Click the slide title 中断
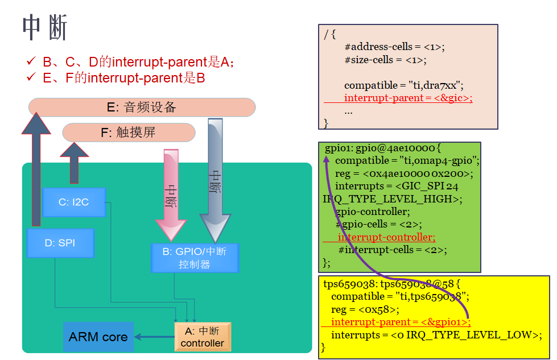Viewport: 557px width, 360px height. [45, 27]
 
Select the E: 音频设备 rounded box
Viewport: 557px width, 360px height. [142, 107]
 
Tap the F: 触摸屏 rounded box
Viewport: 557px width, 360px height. [129, 133]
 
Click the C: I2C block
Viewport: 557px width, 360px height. [74, 202]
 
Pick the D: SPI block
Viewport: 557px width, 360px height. [60, 243]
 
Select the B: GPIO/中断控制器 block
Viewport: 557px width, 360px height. [195, 258]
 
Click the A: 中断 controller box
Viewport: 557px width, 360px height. [203, 337]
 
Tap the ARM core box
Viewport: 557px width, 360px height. [98, 337]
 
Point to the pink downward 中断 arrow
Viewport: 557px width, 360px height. [171, 195]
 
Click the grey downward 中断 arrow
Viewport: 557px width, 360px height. [215, 181]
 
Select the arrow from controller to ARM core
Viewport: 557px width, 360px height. [155, 337]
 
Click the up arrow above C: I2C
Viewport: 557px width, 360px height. [74, 163]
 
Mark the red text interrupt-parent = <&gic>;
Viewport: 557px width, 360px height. [408, 98]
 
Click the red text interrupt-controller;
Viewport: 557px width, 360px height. [386, 237]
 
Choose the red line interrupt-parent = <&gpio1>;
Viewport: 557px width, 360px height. [401, 322]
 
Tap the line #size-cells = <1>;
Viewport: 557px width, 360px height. [385, 60]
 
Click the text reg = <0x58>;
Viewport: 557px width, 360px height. [365, 309]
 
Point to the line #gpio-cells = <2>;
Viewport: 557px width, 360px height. [379, 224]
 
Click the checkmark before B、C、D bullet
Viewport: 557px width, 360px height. [31, 61]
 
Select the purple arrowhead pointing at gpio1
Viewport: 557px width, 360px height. [326, 159]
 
